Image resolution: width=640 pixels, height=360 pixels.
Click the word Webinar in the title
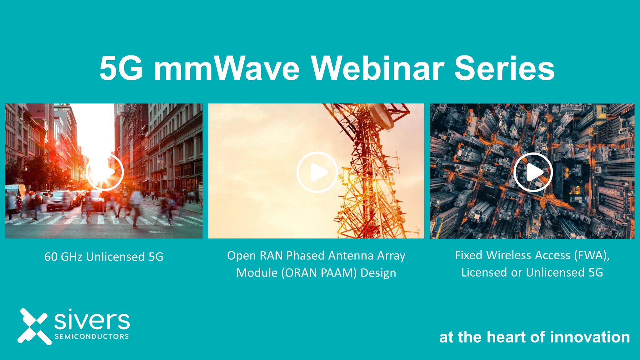[377, 68]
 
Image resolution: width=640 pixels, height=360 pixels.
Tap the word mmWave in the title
[227, 68]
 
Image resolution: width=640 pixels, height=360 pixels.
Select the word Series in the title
[504, 68]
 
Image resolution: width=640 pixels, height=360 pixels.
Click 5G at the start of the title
[121, 68]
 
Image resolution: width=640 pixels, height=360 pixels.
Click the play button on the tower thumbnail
[317, 172]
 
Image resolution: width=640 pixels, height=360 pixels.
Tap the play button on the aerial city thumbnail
[533, 172]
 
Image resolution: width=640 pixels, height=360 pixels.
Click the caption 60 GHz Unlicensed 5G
[104, 257]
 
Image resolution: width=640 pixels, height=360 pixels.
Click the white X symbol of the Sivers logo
[33, 327]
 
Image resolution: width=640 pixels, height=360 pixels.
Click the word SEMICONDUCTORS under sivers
[92, 337]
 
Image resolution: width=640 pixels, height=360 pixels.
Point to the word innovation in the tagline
[590, 337]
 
